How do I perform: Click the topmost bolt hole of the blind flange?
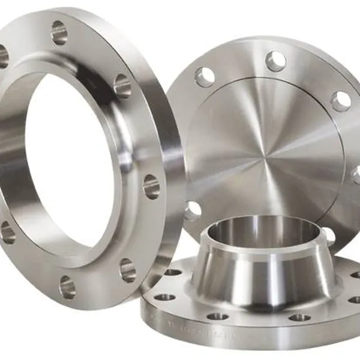click(x=276, y=61)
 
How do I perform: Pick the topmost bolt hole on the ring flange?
click(x=59, y=33)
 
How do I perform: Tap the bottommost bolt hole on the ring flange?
click(x=67, y=287)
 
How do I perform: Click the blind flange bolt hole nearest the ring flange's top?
click(x=204, y=77)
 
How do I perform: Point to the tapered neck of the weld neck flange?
click(x=264, y=264)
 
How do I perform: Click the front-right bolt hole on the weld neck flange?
click(x=299, y=317)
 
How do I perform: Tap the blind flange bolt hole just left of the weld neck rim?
click(x=193, y=210)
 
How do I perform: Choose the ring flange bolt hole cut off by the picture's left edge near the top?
click(x=3, y=56)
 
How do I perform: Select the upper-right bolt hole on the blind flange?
click(x=340, y=100)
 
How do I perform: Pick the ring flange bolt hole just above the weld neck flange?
click(x=128, y=270)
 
